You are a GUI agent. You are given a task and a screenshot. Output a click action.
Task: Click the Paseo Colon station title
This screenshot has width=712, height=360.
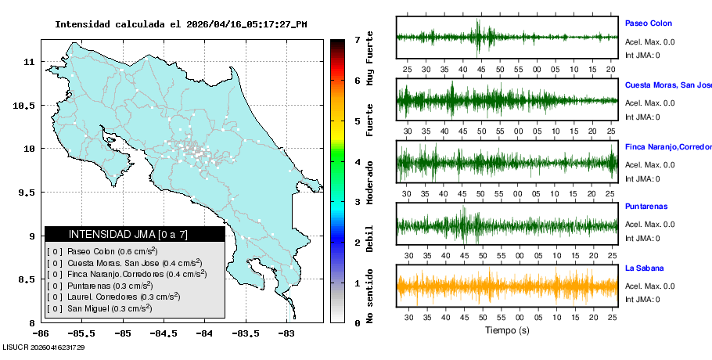point(648,23)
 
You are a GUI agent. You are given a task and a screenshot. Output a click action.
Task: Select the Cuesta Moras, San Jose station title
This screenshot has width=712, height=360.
point(667,85)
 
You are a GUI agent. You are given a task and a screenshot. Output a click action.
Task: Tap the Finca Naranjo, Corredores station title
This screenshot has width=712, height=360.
point(667,146)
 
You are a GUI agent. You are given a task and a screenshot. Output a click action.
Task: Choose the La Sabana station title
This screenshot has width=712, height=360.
point(645,268)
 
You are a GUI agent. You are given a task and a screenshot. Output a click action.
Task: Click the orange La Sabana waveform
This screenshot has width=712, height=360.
point(507,286)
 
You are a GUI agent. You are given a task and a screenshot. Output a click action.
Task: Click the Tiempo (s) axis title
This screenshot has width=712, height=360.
point(507,330)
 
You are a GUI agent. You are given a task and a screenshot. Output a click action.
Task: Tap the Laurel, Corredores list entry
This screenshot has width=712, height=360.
point(113,297)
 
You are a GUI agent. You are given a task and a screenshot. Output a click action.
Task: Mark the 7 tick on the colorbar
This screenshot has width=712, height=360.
point(357,39)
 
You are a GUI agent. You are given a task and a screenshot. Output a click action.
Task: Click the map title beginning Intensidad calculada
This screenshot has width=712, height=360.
point(181,24)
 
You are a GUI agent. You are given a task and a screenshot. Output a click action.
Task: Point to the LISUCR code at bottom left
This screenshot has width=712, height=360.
point(44,347)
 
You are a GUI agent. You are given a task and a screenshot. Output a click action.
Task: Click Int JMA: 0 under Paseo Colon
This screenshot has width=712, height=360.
point(642,55)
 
